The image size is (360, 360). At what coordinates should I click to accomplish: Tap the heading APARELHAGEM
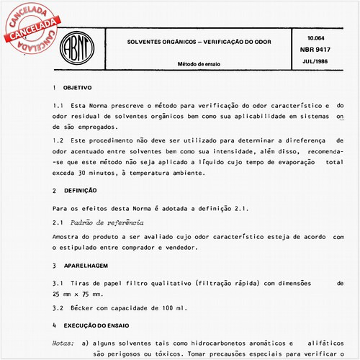[84, 265]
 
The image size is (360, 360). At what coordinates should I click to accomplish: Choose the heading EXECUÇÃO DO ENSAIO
[96, 325]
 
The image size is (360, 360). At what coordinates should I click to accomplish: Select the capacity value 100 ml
[174, 307]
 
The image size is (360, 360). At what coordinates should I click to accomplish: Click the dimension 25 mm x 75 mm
[78, 294]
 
